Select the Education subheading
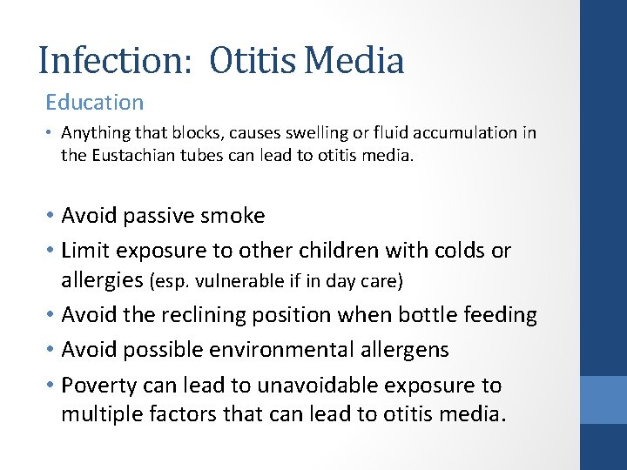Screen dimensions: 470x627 click(95, 103)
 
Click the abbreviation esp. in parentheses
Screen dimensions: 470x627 click(170, 282)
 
